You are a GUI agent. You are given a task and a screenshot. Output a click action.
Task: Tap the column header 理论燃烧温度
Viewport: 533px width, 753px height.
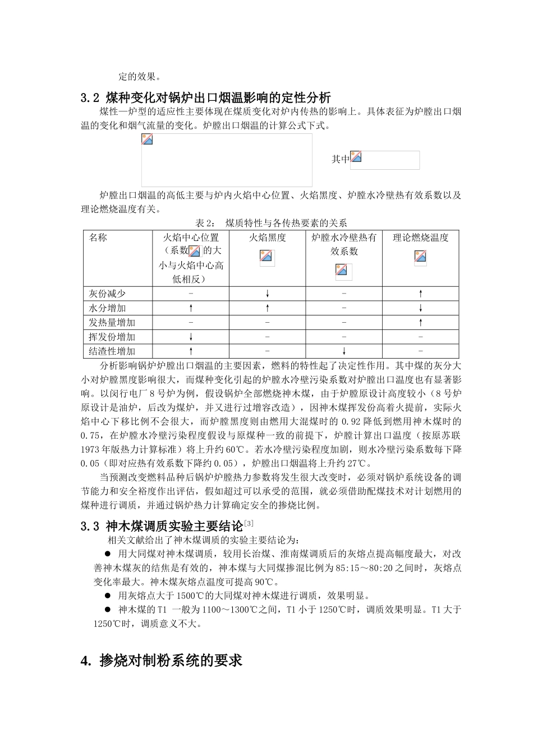(x=420, y=238)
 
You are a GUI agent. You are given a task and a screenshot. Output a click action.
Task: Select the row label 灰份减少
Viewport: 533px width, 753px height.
(x=107, y=294)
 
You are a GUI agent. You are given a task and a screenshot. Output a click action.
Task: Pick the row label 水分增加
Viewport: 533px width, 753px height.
(x=107, y=308)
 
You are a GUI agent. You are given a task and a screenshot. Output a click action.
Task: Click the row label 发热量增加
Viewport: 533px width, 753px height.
(x=112, y=323)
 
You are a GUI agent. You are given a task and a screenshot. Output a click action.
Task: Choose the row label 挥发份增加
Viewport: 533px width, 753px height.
(x=112, y=337)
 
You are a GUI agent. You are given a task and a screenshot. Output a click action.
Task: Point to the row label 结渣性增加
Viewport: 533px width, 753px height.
(x=112, y=351)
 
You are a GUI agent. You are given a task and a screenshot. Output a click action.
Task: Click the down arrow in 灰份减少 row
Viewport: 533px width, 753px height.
(x=268, y=294)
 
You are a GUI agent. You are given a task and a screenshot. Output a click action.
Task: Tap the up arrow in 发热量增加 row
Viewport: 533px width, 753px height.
(x=420, y=323)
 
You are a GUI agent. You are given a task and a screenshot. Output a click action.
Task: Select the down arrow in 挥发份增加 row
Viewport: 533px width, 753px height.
(x=191, y=337)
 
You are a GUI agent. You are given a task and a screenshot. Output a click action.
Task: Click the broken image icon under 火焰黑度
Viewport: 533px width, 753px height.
(x=266, y=257)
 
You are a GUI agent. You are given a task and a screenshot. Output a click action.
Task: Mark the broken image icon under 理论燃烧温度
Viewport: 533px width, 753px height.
(x=420, y=257)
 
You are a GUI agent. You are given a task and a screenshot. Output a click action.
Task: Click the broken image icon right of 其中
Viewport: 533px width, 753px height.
(x=356, y=157)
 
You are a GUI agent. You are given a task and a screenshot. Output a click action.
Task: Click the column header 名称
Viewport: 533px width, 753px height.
(x=98, y=238)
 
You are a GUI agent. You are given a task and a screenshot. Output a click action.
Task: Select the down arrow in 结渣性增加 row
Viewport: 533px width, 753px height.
(x=344, y=351)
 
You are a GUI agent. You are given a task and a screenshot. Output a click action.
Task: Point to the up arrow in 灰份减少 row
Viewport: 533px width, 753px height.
(x=420, y=294)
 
